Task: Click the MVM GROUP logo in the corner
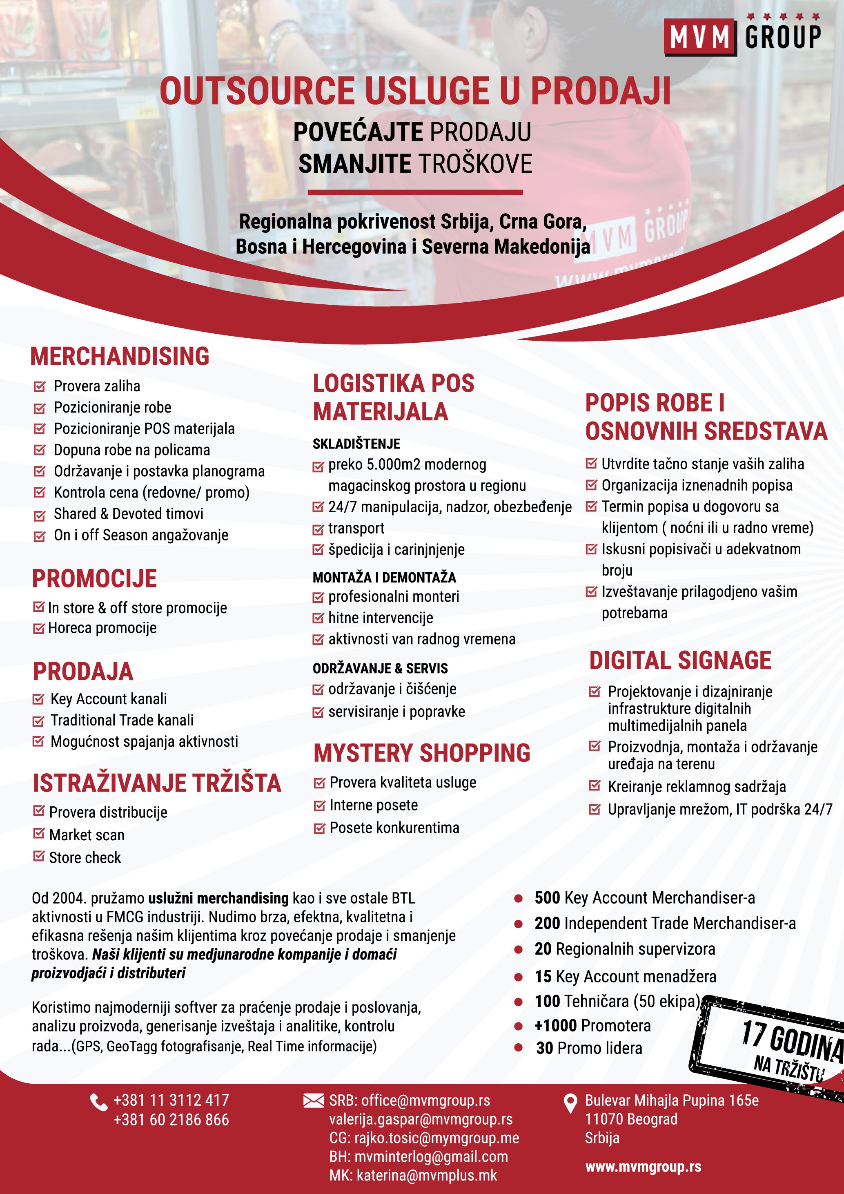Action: tap(742, 36)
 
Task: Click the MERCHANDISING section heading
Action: tap(120, 356)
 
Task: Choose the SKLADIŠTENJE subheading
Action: tap(356, 444)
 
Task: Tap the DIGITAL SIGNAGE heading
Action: tap(680, 661)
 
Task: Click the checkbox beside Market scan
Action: tap(38, 834)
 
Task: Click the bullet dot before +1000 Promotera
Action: tap(518, 1026)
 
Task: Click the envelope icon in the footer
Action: tap(313, 1100)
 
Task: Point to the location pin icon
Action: tap(570, 1103)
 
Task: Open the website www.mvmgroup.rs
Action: tap(643, 1167)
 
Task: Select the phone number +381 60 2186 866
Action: tap(171, 1120)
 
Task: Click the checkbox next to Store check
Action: tap(38, 856)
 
